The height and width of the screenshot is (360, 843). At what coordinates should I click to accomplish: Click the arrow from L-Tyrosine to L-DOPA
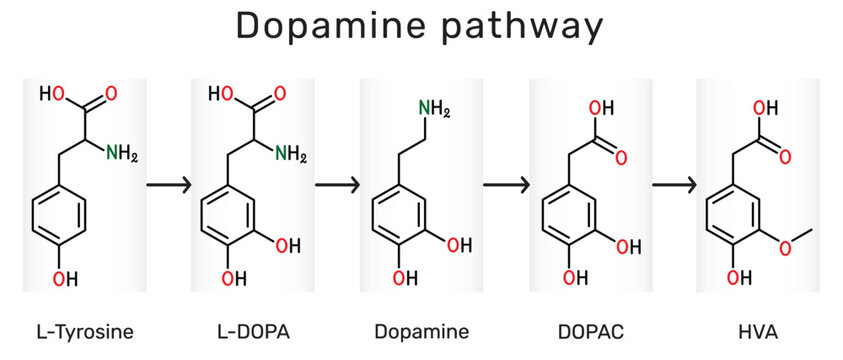point(168,185)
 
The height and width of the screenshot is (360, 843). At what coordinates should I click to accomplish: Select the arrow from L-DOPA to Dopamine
point(337,185)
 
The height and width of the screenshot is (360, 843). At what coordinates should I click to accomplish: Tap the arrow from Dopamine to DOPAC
point(505,185)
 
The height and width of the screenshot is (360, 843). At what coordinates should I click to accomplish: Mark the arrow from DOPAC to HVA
point(674,185)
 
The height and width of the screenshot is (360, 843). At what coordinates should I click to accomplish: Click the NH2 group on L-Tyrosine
point(122,153)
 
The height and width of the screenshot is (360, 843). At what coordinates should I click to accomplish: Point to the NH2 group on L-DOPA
point(290,153)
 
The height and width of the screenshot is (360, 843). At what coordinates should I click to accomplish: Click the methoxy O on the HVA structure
point(789,245)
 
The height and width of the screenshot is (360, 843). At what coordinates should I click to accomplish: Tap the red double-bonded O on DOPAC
point(621,157)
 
